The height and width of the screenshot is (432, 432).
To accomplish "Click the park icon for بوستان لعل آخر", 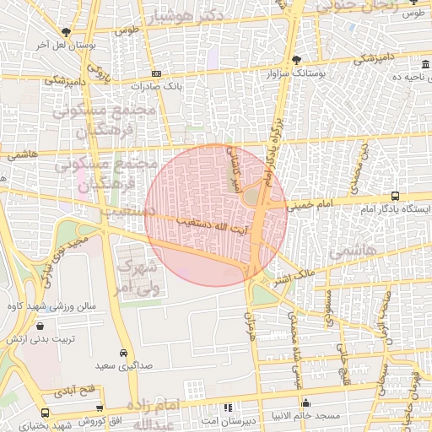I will pyautogui.click(x=66, y=31).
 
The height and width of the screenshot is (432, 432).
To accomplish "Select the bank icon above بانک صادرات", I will pyautogui.click(x=155, y=73).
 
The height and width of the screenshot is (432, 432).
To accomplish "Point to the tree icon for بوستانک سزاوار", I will pyautogui.click(x=294, y=59).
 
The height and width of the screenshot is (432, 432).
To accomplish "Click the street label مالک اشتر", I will pyautogui.click(x=294, y=277).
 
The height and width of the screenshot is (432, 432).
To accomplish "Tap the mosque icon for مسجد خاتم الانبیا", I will pyautogui.click(x=305, y=403).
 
